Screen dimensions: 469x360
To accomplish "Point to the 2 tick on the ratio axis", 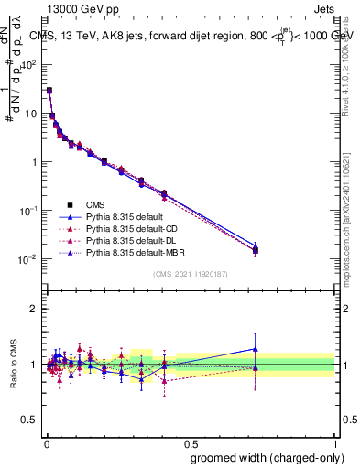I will click(34, 309).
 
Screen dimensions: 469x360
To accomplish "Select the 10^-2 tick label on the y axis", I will click(27, 259).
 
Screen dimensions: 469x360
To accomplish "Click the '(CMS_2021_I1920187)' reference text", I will click(190, 275).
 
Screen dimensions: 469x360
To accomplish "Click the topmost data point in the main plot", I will click(49, 91).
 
